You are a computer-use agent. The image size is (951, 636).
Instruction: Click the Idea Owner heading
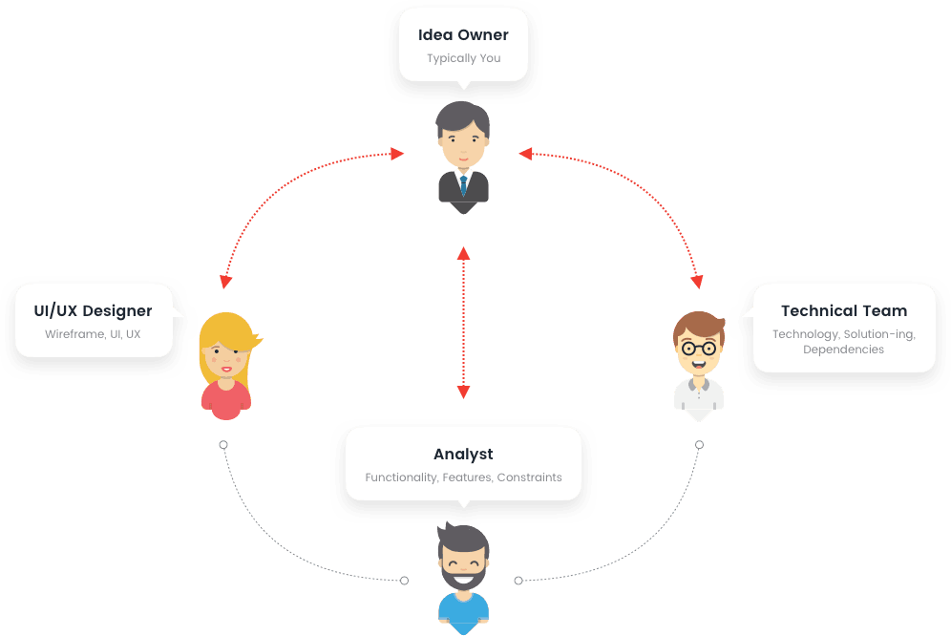(463, 35)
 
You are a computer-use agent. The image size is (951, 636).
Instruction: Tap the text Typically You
(463, 58)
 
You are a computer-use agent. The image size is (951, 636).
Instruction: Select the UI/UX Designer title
(93, 311)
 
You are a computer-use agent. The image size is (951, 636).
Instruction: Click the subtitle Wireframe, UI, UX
(93, 334)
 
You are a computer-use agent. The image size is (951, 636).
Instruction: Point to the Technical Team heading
(843, 311)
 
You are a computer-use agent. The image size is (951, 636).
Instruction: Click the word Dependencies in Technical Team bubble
(843, 350)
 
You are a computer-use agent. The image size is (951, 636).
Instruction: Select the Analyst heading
(463, 455)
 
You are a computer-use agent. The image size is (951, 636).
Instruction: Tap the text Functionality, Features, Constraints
(463, 477)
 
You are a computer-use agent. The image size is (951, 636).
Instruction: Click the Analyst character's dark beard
(463, 576)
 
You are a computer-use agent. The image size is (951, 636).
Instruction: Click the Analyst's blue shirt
(463, 611)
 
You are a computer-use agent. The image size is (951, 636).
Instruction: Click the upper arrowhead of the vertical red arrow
(463, 253)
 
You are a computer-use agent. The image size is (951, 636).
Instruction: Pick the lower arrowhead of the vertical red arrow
(463, 392)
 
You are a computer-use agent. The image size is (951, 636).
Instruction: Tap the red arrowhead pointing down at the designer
(224, 282)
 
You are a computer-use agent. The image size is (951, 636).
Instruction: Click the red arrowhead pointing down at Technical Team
(697, 282)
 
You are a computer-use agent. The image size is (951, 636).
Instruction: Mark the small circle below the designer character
(223, 445)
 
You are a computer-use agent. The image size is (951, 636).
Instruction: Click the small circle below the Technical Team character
(699, 445)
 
